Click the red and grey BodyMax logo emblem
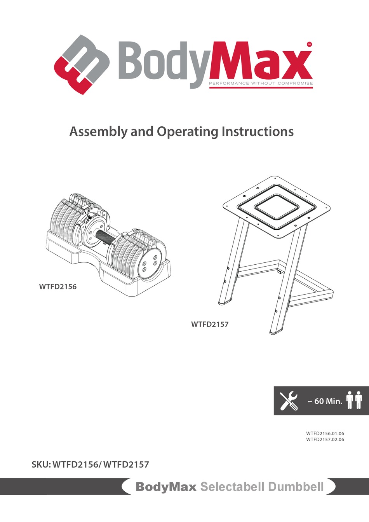[x=82, y=65]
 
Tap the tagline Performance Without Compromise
[x=261, y=83]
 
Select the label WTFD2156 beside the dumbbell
[x=58, y=287]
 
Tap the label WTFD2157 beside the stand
[x=210, y=324]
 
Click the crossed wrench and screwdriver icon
[x=289, y=401]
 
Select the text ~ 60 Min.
[x=325, y=401]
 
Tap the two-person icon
[x=354, y=400]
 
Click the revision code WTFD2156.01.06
[x=325, y=433]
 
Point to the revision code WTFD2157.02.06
[x=325, y=440]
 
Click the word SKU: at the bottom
[x=41, y=464]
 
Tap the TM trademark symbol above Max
[x=309, y=44]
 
